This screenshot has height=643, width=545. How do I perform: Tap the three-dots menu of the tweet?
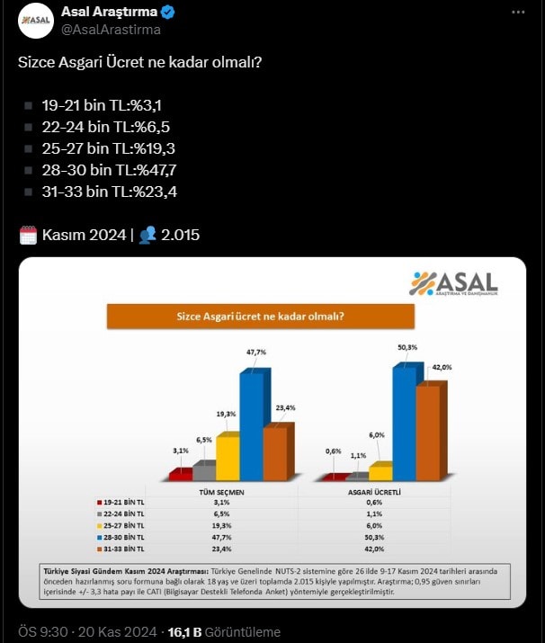[517, 13]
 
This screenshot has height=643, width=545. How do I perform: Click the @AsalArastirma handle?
[111, 30]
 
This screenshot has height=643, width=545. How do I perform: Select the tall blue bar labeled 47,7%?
[252, 423]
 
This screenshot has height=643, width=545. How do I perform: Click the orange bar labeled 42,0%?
[428, 432]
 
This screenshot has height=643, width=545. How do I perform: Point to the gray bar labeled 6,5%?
[204, 470]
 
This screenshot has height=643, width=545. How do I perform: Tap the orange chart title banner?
[261, 316]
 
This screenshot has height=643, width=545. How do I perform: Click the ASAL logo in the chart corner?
[453, 283]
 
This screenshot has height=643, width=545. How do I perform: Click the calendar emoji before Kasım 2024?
[28, 236]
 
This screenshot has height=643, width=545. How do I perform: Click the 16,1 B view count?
[186, 632]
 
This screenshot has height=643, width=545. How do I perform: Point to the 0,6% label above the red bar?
[334, 451]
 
